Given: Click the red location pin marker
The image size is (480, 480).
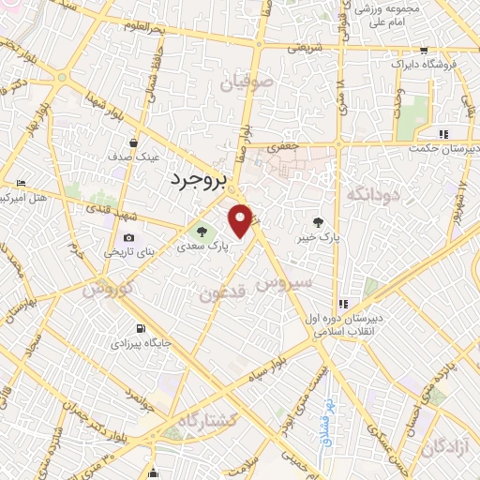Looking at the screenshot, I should (241, 221).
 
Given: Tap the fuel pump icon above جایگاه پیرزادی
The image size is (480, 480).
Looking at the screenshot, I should (141, 329).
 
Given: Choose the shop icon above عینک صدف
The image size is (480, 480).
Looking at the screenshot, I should (133, 143).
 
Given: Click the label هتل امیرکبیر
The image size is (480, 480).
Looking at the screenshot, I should (22, 199).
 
